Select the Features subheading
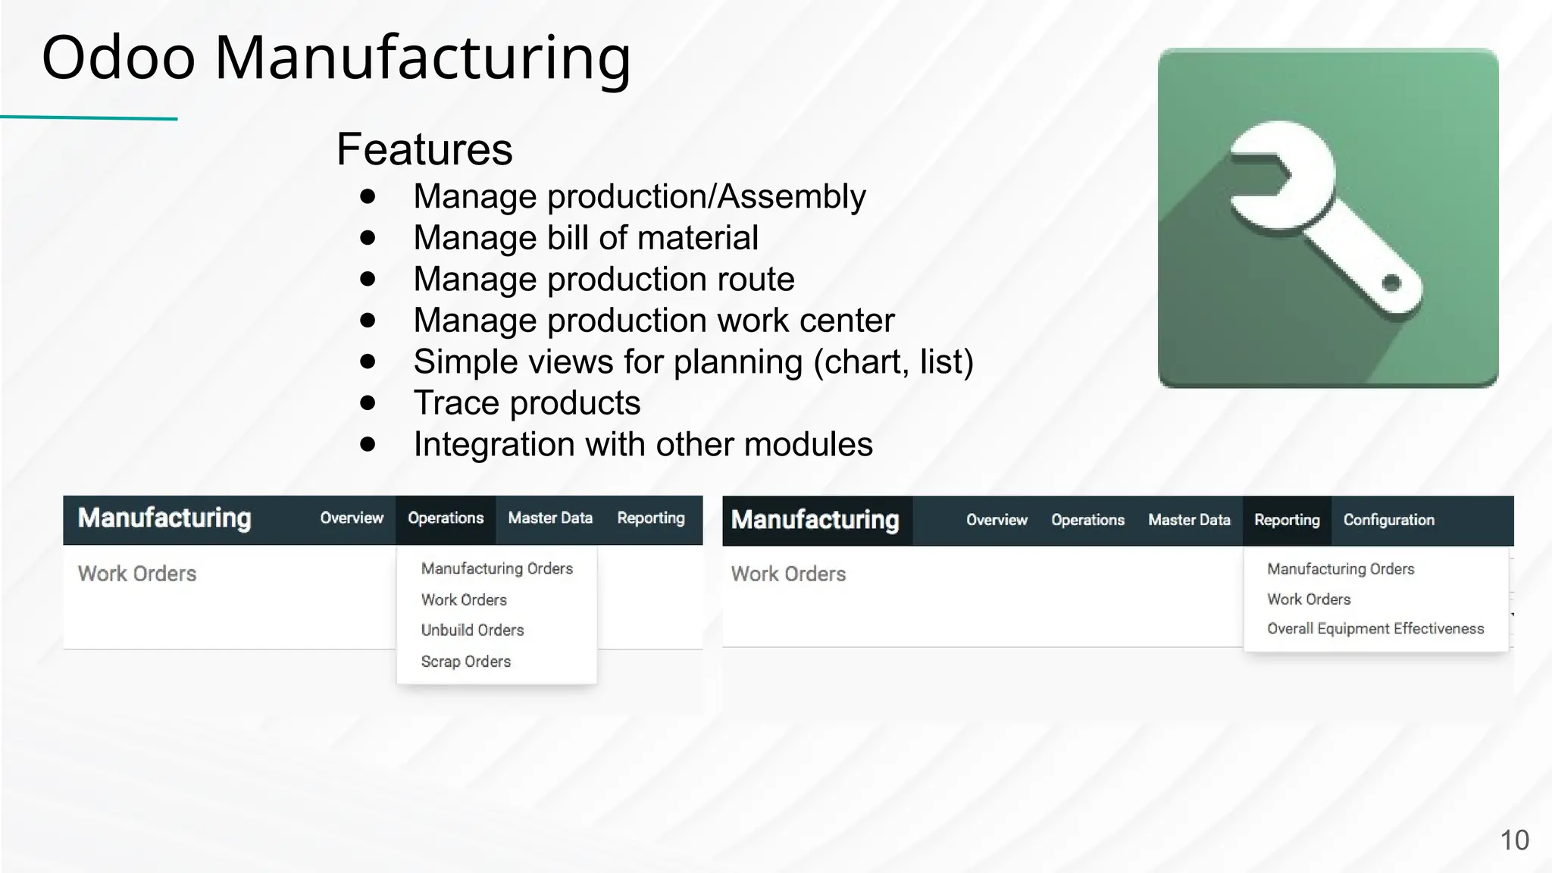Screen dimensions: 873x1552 click(424, 149)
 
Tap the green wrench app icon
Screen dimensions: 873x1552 click(1328, 218)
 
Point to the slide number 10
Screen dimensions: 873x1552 click(1514, 840)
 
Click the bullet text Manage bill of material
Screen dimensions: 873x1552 click(585, 238)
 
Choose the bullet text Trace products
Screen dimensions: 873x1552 click(527, 402)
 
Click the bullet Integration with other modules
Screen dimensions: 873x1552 click(643, 444)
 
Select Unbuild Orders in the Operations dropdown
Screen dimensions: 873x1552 click(472, 630)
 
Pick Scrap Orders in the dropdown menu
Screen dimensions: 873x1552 click(465, 662)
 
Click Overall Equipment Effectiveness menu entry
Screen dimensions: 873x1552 click(1375, 628)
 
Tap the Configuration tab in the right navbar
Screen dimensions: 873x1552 click(1388, 520)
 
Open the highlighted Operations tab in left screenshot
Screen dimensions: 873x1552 click(446, 518)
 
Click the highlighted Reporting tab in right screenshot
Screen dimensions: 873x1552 click(1287, 520)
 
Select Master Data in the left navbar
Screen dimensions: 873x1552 click(550, 518)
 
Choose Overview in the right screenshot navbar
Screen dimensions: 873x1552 click(997, 520)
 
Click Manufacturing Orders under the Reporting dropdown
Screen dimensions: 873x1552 click(1341, 568)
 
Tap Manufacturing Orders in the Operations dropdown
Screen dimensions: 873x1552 click(496, 568)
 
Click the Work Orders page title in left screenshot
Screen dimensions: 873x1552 click(137, 574)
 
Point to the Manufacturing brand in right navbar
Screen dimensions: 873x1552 click(815, 520)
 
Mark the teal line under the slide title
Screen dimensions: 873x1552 click(89, 117)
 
